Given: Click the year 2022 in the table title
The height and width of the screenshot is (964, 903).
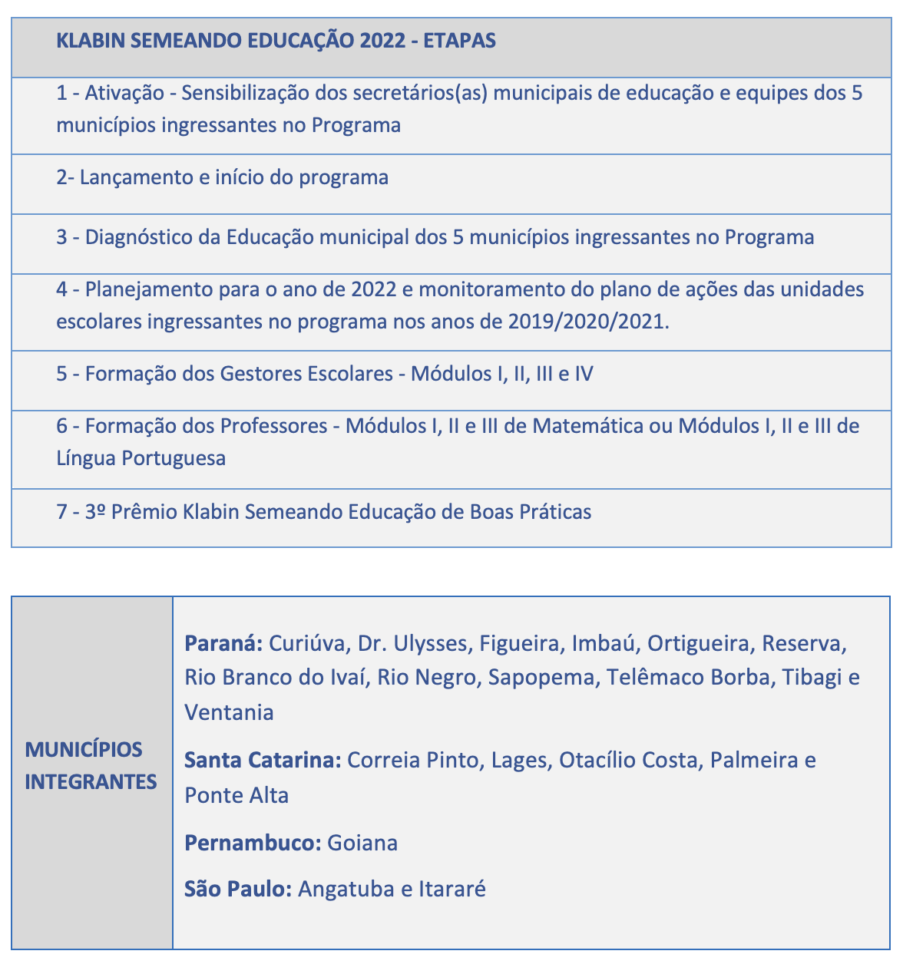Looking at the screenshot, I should pyautogui.click(x=382, y=41).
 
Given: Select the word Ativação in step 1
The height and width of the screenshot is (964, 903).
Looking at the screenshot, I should pyautogui.click(x=124, y=94).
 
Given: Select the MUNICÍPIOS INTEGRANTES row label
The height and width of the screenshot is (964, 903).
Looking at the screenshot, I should pyautogui.click(x=91, y=765).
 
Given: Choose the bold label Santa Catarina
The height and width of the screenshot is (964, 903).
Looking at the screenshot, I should pyautogui.click(x=263, y=761).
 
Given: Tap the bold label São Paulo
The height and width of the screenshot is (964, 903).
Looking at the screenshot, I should pyautogui.click(x=238, y=890).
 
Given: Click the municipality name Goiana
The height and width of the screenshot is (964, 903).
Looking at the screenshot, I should pyautogui.click(x=362, y=843).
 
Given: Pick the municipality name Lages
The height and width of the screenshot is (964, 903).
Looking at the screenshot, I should pyautogui.click(x=518, y=761).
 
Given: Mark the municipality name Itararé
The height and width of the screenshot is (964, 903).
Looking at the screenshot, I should pyautogui.click(x=452, y=890).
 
